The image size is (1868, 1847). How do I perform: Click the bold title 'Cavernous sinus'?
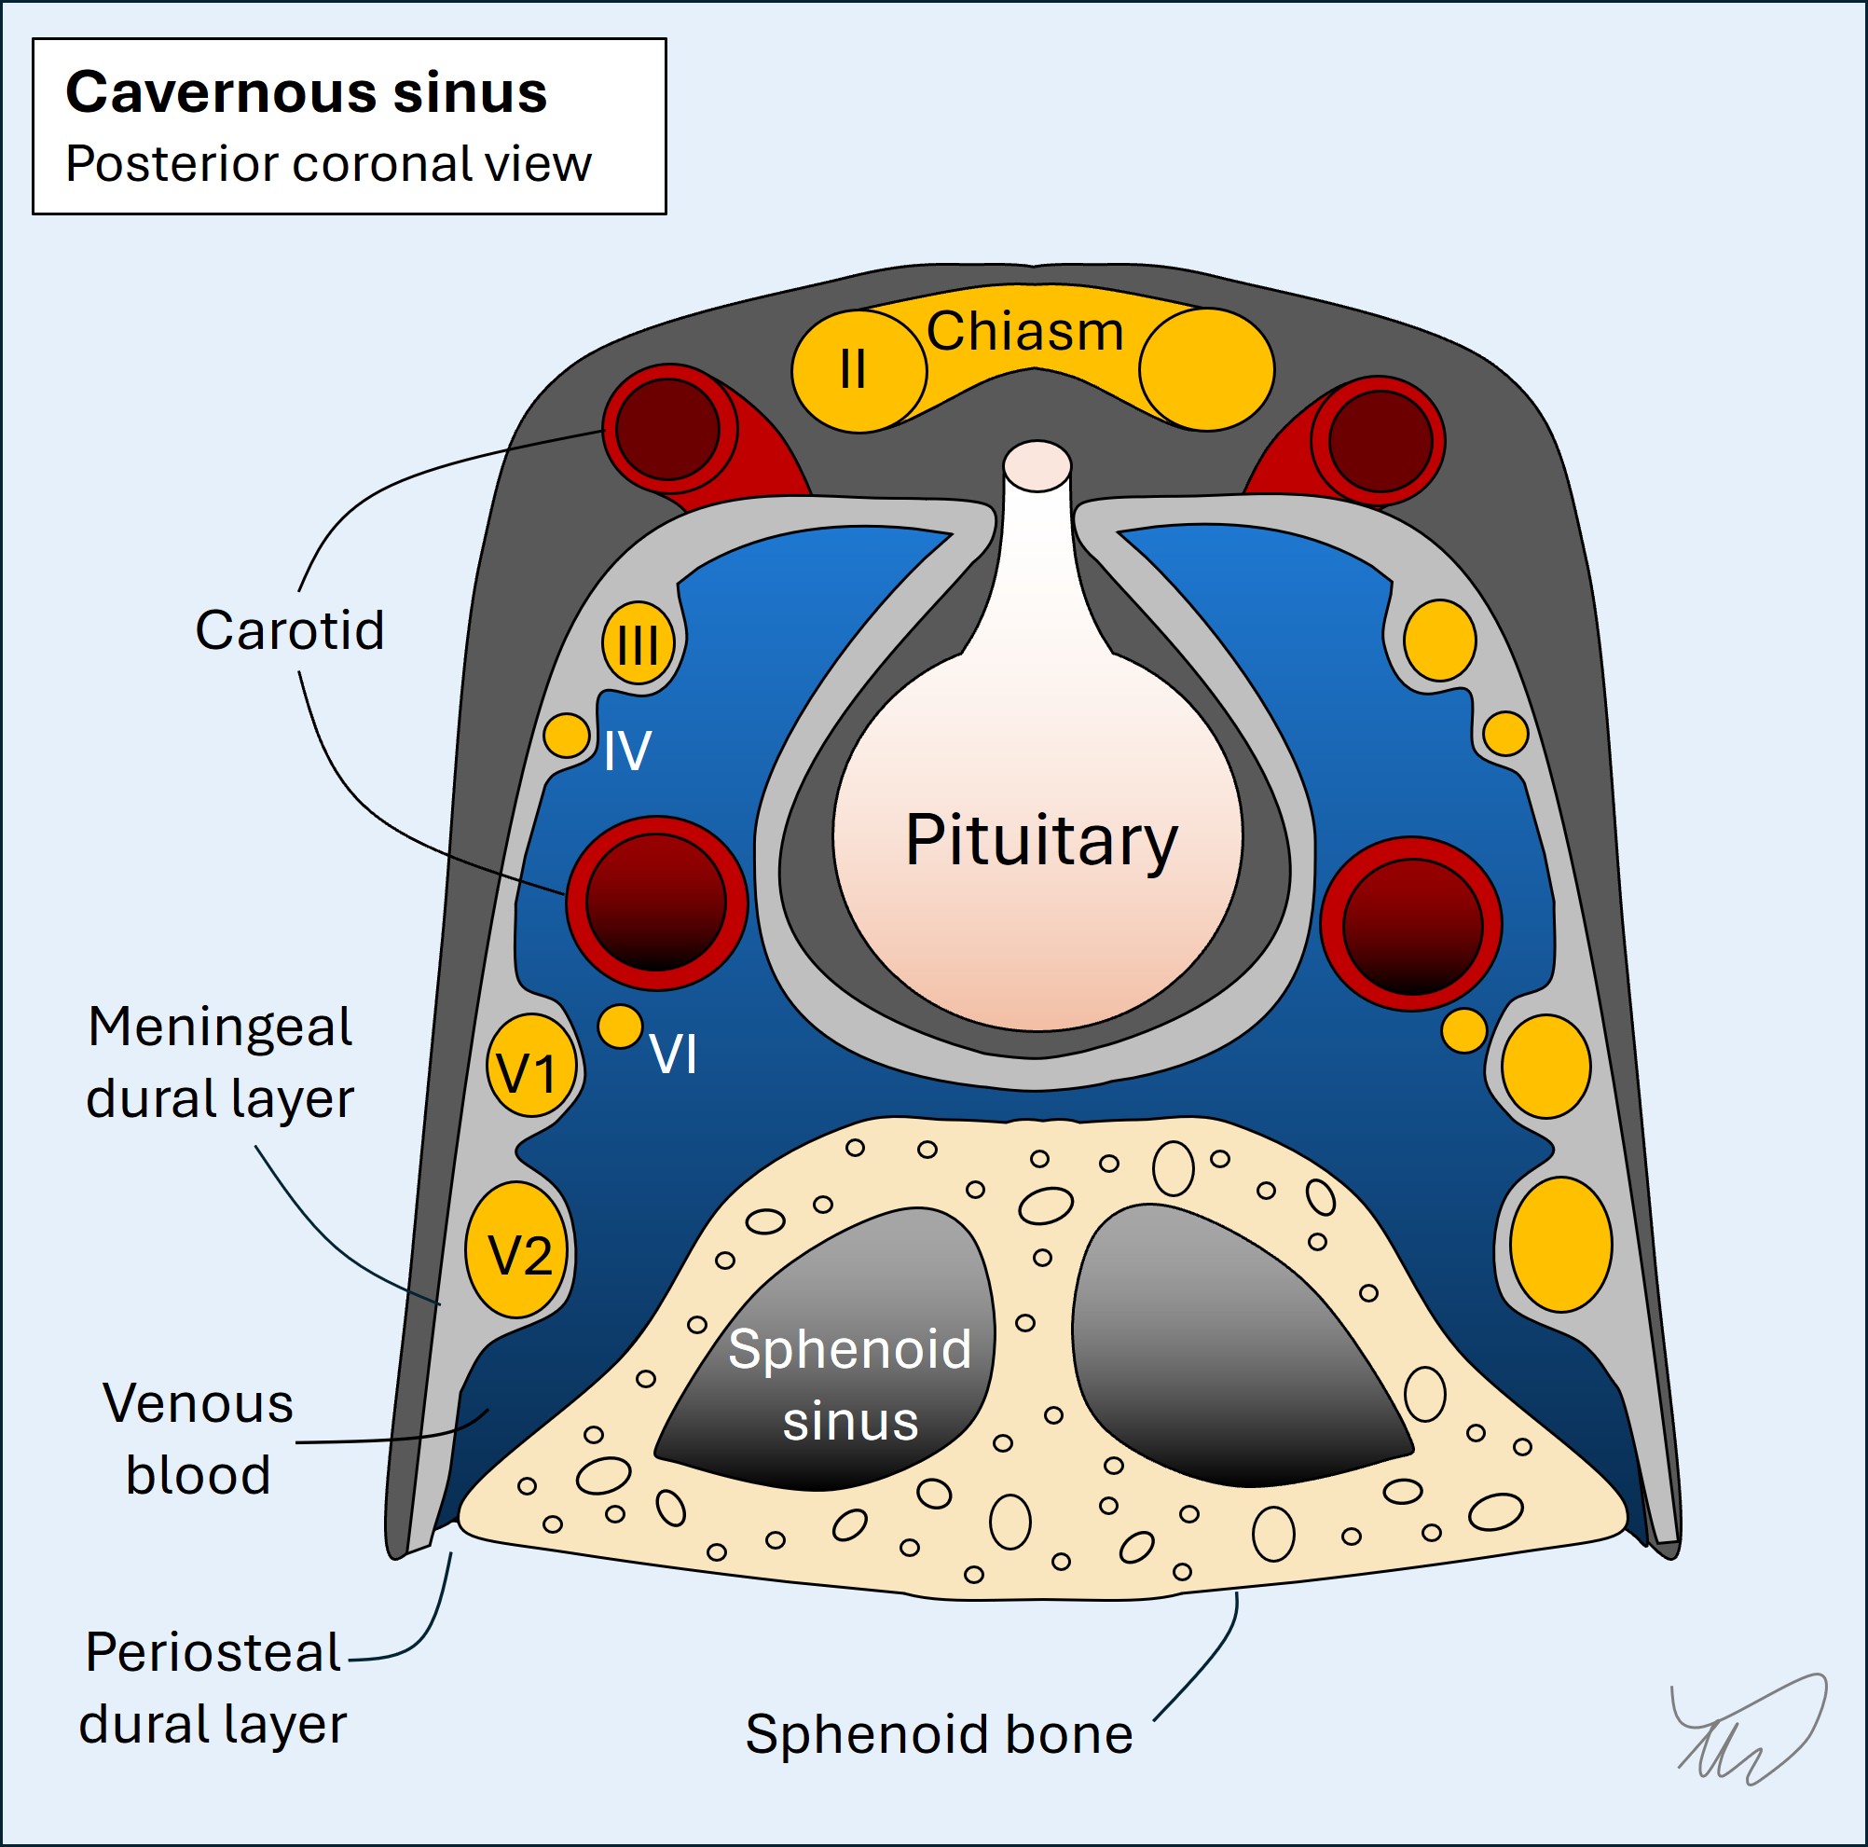coord(306,93)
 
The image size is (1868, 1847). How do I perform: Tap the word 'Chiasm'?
coord(1025,332)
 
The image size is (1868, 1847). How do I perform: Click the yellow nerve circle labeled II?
coord(853,369)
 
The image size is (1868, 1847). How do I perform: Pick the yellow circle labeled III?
coord(639,643)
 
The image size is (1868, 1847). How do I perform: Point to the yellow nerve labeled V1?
coord(529,1066)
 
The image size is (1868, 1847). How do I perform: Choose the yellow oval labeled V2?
coord(517,1249)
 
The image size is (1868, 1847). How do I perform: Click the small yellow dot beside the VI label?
coord(620,1026)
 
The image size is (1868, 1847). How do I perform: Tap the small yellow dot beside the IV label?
coord(567,736)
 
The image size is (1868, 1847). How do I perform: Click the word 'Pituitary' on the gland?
coord(1040,841)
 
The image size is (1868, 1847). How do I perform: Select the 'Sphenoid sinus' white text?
coord(849,1385)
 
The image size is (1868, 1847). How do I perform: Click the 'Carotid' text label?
coord(290,630)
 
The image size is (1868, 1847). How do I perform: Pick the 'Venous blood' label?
coord(199,1439)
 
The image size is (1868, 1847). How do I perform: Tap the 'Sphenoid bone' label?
coord(938,1734)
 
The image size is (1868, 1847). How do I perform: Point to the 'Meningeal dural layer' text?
coord(219,1063)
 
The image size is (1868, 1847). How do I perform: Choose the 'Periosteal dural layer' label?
coord(213,1688)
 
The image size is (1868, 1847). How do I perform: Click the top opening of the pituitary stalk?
coord(1037,464)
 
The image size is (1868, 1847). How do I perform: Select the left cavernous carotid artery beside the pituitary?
coord(655,903)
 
